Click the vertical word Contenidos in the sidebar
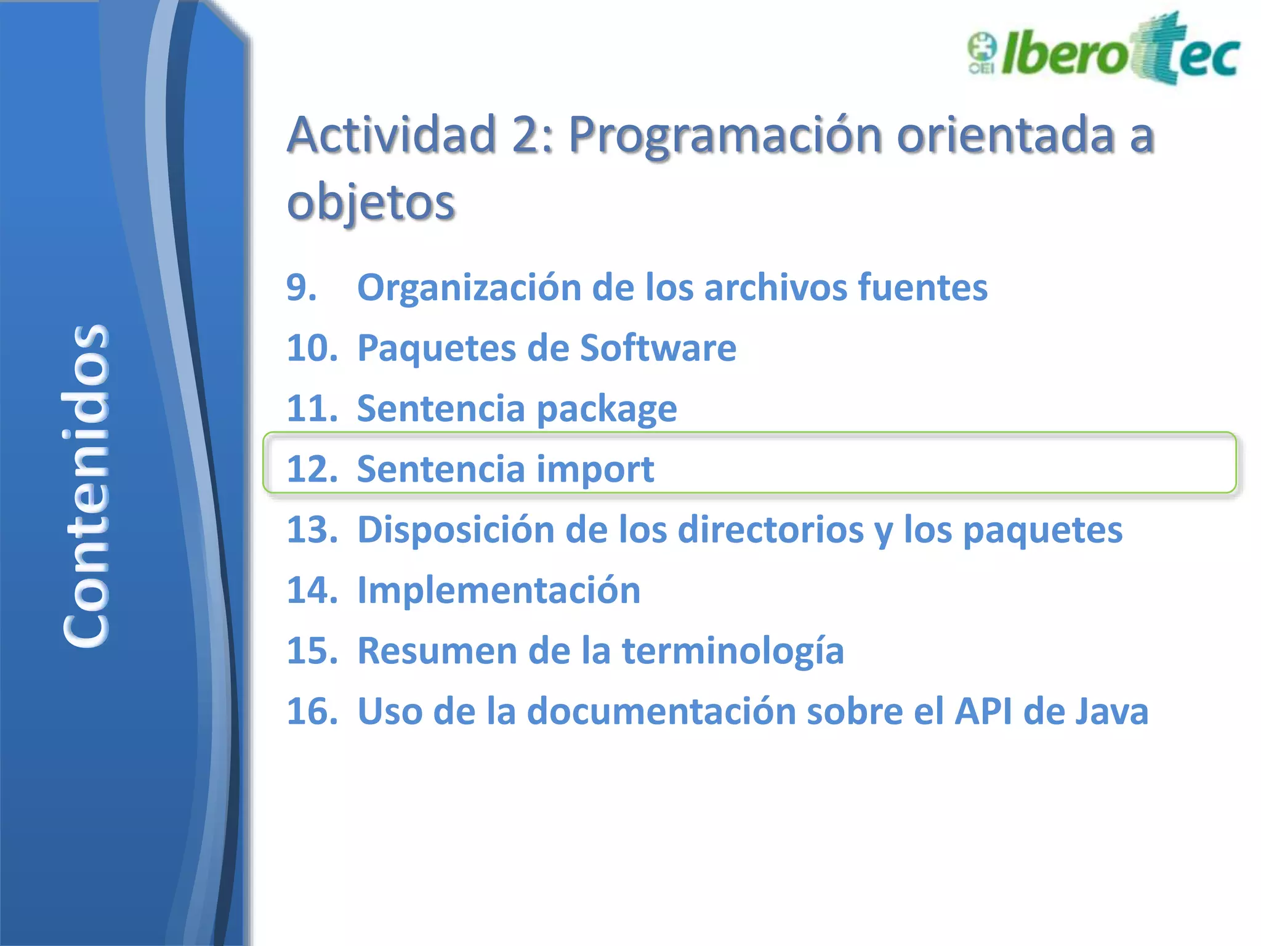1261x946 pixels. [86, 485]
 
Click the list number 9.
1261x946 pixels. [302, 288]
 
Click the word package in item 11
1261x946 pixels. [606, 410]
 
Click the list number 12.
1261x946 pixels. [312, 469]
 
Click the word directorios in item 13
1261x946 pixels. [770, 530]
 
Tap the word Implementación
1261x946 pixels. [499, 590]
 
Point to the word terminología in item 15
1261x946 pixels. [733, 651]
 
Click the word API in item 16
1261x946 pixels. [983, 711]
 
